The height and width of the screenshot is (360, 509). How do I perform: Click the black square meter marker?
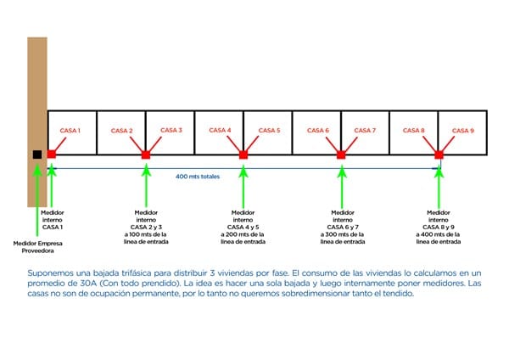[x=36, y=155]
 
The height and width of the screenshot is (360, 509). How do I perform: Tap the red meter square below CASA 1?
[x=52, y=155]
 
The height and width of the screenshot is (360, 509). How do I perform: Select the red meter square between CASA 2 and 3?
[x=146, y=155]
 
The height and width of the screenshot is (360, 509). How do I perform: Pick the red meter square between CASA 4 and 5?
[x=243, y=155]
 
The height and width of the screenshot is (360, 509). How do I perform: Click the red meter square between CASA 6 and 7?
[x=341, y=155]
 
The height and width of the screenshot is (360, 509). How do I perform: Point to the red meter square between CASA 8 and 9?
[x=439, y=155]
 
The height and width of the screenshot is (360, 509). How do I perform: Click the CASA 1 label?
[x=70, y=131]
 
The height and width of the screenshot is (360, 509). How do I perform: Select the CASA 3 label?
[x=172, y=131]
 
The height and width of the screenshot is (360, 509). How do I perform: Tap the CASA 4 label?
[x=220, y=131]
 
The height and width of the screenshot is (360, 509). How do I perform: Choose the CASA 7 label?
[x=365, y=131]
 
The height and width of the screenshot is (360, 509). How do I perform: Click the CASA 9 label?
[x=463, y=131]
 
